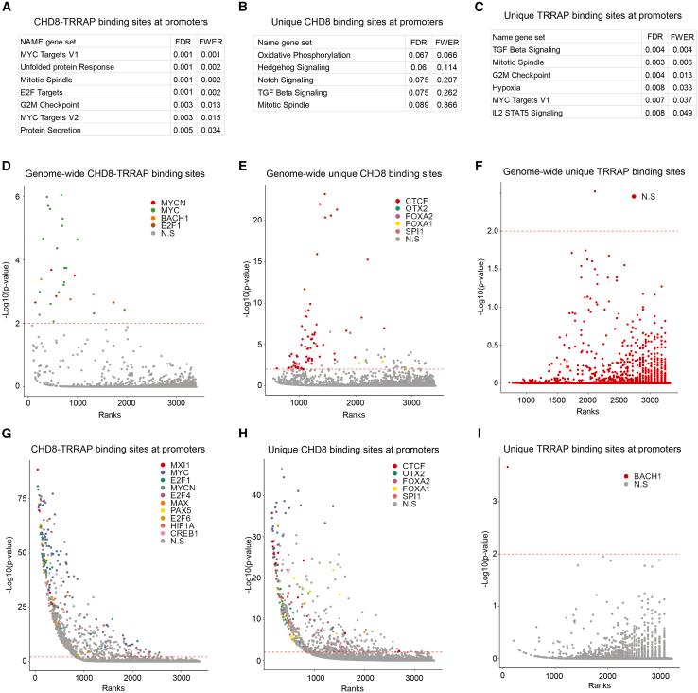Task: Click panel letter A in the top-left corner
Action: (9, 8)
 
